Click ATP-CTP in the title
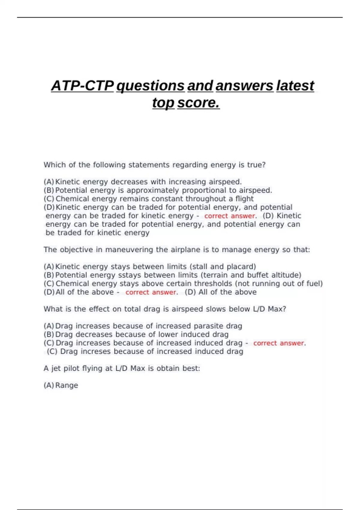(82, 86)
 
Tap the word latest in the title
(295, 86)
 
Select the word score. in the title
(198, 103)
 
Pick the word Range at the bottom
(67, 385)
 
